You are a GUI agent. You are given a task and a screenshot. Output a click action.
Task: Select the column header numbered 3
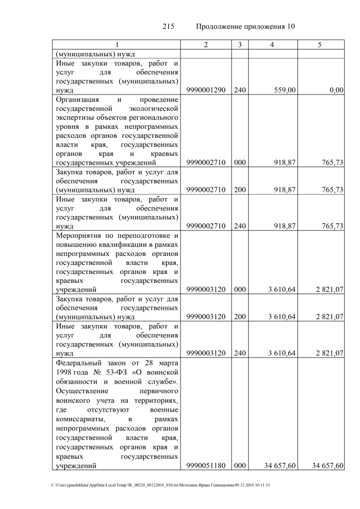(x=240, y=44)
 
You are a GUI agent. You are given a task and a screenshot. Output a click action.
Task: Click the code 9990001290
(x=206, y=89)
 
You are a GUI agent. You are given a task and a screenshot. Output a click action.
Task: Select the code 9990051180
(x=206, y=466)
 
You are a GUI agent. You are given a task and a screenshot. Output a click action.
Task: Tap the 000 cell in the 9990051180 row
(x=240, y=466)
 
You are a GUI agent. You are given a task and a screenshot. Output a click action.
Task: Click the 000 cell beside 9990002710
(x=240, y=163)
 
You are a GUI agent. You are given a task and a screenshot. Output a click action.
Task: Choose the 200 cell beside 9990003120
(x=240, y=317)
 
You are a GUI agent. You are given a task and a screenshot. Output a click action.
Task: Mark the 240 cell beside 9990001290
(x=240, y=89)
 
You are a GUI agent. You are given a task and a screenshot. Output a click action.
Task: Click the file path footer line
(x=160, y=485)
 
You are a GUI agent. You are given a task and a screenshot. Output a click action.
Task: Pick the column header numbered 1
(x=117, y=44)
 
